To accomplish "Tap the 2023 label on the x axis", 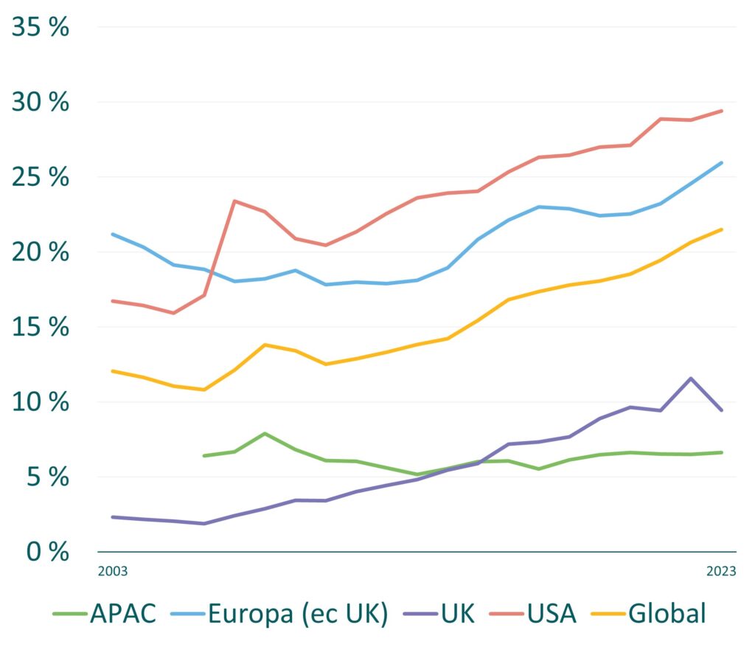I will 721,571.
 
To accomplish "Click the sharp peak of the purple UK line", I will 691,378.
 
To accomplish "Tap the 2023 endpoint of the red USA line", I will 721,111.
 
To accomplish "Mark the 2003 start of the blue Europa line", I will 113,235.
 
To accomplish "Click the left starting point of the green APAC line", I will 204,456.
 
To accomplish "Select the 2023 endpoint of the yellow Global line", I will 721,229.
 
